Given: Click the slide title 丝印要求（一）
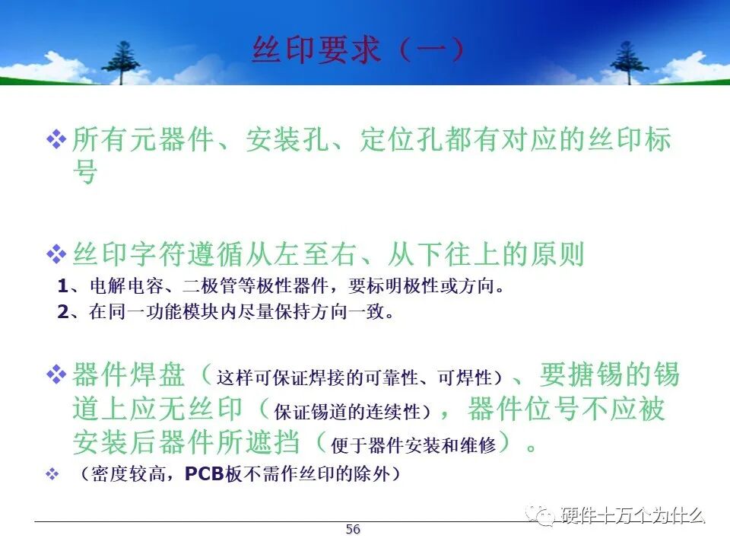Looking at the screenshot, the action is click(x=358, y=49).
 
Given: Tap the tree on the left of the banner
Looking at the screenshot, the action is click(x=122, y=62).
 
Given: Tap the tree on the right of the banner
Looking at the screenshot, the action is click(x=629, y=62).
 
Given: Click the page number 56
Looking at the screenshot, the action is click(x=353, y=530).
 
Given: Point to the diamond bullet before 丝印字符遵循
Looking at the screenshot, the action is click(x=56, y=254).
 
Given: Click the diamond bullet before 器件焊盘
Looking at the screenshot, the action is click(x=56, y=374).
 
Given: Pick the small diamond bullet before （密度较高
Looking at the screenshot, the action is click(x=52, y=474).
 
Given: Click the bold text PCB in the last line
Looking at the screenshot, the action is click(x=205, y=474).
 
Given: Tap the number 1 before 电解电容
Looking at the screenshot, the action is click(x=63, y=285).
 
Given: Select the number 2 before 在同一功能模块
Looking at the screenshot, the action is click(x=63, y=312).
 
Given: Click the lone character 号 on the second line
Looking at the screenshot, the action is click(x=85, y=171).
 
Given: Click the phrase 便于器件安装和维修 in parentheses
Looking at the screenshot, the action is click(x=414, y=445).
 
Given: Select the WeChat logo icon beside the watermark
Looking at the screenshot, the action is click(x=540, y=515).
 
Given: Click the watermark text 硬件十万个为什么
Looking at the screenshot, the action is click(x=633, y=515).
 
